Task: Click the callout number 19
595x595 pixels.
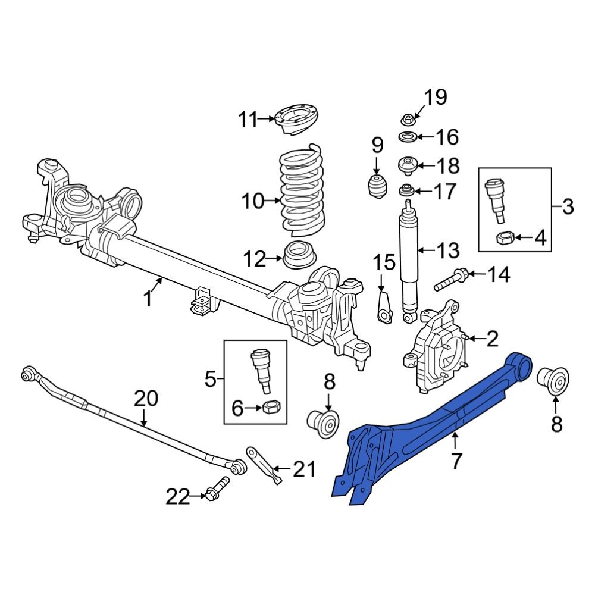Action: click(435, 97)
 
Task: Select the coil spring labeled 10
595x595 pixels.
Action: click(302, 190)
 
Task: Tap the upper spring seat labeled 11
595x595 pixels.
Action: click(296, 119)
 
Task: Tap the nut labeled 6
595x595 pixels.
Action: click(271, 408)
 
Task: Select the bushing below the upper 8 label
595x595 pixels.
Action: click(323, 421)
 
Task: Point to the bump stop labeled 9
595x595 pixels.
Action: click(376, 185)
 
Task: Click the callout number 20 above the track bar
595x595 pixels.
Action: click(146, 398)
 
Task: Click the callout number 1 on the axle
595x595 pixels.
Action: click(148, 297)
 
